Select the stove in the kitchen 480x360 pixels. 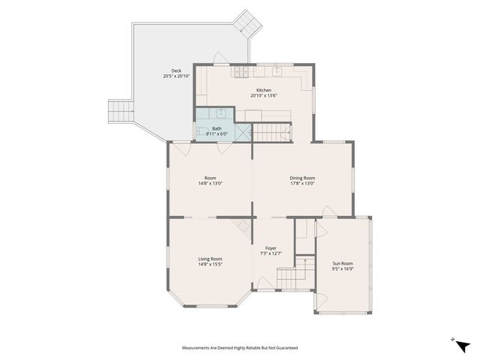(x=241, y=72)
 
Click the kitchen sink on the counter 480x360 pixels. (x=276, y=71)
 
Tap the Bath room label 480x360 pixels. (x=217, y=128)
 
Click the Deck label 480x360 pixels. (x=176, y=71)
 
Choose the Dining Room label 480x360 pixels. (x=302, y=178)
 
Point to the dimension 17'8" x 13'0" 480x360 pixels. (x=302, y=183)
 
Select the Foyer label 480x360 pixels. (x=271, y=248)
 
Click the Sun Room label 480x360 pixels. (x=343, y=263)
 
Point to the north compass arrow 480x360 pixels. (x=463, y=344)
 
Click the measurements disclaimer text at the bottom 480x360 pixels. (x=240, y=348)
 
